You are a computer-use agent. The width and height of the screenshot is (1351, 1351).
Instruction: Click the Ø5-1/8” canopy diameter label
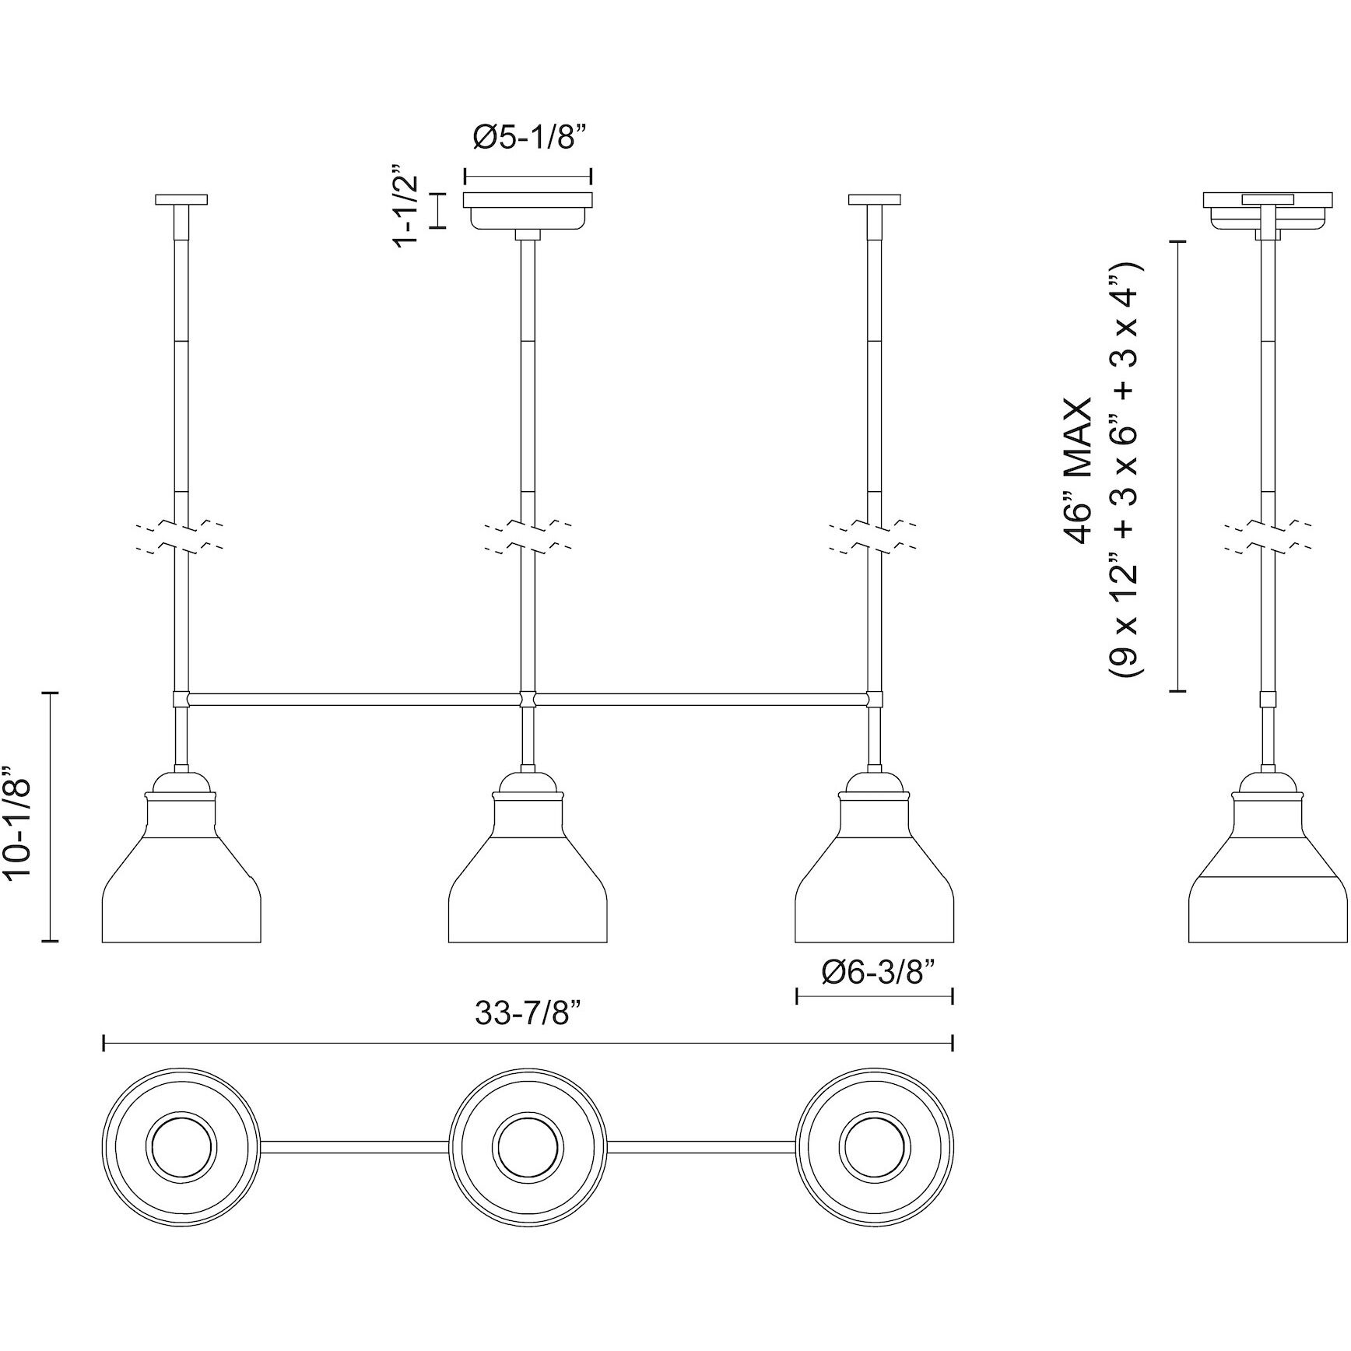pyautogui.click(x=528, y=138)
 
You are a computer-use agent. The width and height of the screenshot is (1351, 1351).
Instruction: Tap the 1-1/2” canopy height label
pyautogui.click(x=407, y=207)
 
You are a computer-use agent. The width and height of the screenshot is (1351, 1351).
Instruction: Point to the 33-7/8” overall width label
pyautogui.click(x=528, y=1014)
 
